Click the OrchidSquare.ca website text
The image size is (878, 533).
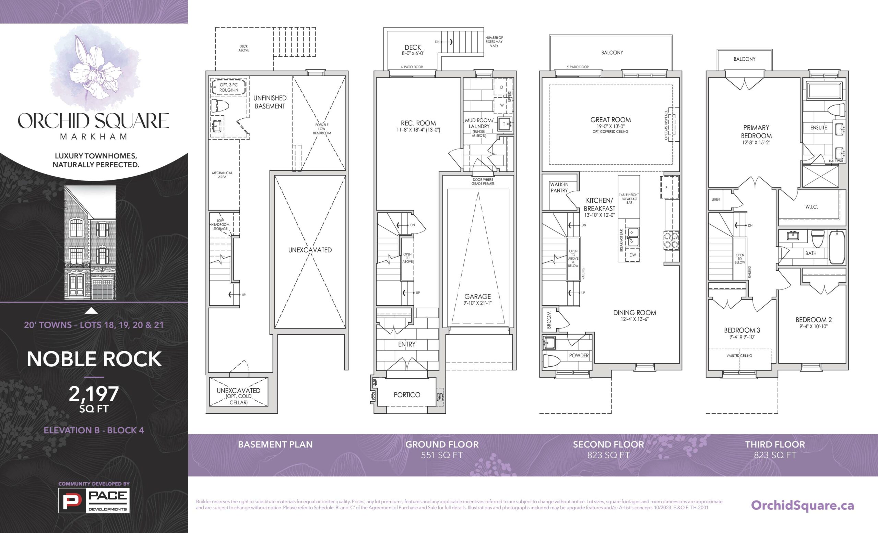[x=803, y=505]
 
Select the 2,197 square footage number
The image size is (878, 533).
[x=94, y=394]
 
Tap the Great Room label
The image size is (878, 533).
[x=610, y=120]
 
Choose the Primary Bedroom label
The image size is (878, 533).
[x=756, y=131]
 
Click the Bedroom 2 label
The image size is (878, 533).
[x=814, y=320]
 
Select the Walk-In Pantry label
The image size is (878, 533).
[x=559, y=187]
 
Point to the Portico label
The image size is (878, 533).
[x=406, y=395]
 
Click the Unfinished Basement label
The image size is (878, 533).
[x=270, y=102]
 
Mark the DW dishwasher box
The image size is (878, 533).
[x=632, y=255]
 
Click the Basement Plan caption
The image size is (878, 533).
[x=275, y=444]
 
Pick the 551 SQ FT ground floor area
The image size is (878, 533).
[x=442, y=455]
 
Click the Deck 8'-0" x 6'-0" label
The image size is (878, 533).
[x=413, y=50]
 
